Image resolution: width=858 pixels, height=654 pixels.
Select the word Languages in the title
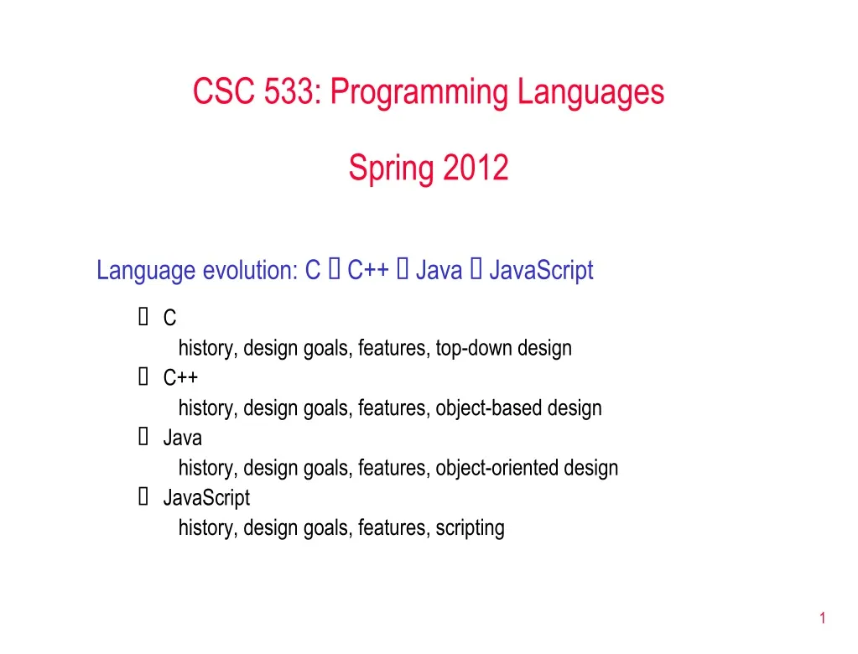(x=590, y=92)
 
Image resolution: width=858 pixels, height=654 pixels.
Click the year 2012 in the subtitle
(x=476, y=169)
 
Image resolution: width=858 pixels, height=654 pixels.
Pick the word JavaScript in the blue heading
(x=541, y=271)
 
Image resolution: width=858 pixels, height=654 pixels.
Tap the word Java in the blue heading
(x=439, y=271)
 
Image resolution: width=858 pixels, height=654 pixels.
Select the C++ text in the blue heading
(x=367, y=271)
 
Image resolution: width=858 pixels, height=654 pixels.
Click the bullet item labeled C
(x=169, y=319)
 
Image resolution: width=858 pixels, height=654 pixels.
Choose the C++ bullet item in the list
(x=180, y=378)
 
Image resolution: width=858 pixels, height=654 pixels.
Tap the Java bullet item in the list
(x=182, y=438)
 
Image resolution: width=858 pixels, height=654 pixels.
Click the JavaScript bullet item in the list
(x=206, y=498)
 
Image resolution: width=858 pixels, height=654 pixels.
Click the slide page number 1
(x=823, y=619)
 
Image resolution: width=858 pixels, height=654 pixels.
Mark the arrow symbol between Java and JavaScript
(x=476, y=271)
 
